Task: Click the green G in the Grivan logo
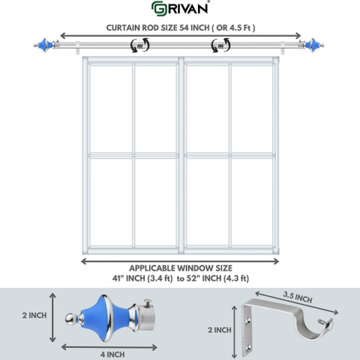(x=158, y=8)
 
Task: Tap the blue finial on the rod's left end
(x=45, y=45)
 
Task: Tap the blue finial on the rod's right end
(x=312, y=45)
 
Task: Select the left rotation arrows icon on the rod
(x=140, y=45)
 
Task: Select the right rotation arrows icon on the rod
(x=220, y=45)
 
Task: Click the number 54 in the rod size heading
(x=184, y=28)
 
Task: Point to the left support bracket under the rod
(x=78, y=48)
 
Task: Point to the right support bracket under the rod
(x=283, y=48)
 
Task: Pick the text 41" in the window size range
(x=118, y=278)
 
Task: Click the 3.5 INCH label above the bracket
(x=298, y=297)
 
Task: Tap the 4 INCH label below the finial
(x=112, y=354)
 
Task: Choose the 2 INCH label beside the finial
(x=34, y=316)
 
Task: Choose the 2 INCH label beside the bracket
(x=220, y=330)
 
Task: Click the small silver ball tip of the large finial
(x=70, y=319)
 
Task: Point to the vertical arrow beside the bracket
(x=234, y=332)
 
